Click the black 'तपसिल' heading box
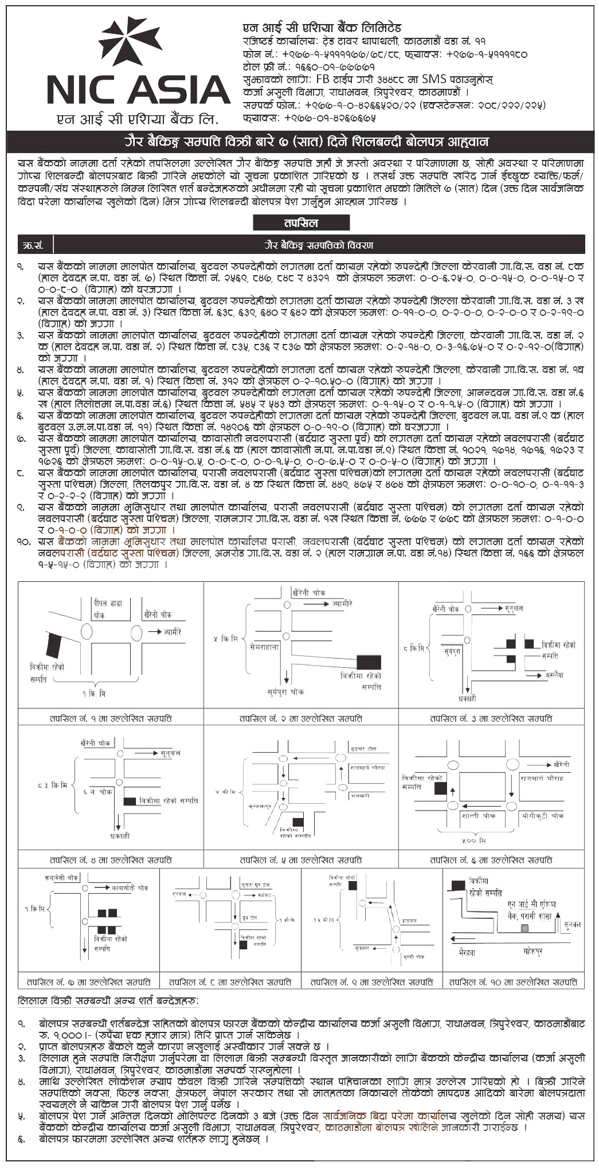tap(301, 223)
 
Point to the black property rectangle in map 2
tap(369, 662)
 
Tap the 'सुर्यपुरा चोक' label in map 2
tap(285, 692)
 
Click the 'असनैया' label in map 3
tap(554, 675)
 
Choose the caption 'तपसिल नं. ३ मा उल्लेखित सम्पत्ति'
tap(491, 718)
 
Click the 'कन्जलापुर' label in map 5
tap(259, 805)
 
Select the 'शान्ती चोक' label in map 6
tap(478, 815)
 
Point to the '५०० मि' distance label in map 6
tap(474, 840)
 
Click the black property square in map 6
tap(440, 788)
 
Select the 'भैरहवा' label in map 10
tap(467, 952)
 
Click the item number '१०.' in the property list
tap(24, 541)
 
